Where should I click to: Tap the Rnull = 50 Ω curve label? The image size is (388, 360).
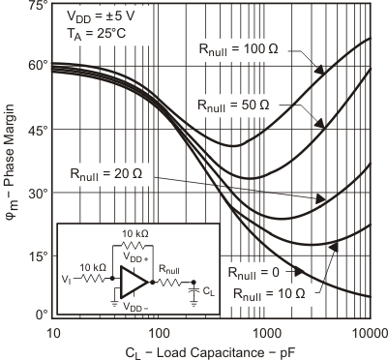[247, 103]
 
